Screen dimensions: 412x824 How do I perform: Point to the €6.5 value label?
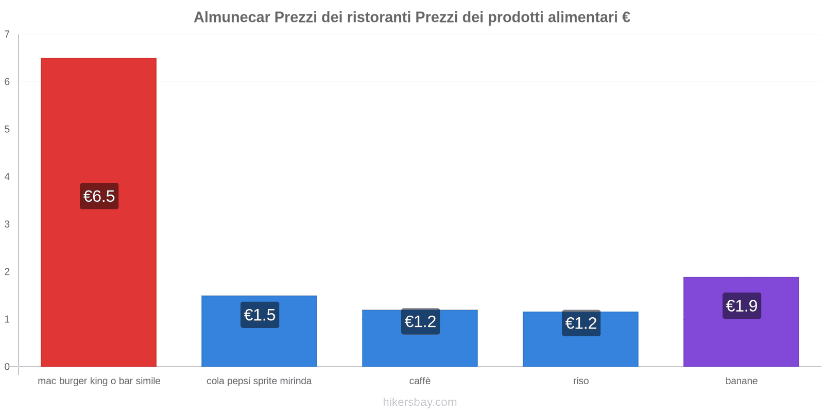pos(99,196)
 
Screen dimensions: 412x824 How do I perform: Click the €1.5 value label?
pos(260,315)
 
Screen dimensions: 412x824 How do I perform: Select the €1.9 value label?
pos(742,306)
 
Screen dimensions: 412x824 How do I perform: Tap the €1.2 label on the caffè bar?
pos(420,321)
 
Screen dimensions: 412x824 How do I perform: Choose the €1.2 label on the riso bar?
pos(581,323)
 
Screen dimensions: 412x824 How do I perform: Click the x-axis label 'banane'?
pos(741,381)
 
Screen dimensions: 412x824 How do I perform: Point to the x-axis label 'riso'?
pos(580,381)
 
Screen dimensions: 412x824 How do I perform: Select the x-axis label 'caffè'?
pos(420,381)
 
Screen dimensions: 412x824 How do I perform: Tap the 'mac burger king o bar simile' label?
pos(99,381)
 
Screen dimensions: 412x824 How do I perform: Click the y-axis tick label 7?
pos(7,35)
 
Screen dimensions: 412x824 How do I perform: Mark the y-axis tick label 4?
pos(7,177)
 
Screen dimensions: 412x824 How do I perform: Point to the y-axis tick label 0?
pos(7,367)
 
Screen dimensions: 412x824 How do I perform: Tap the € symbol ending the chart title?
pos(626,18)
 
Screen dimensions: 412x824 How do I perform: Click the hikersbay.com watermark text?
pos(420,402)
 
